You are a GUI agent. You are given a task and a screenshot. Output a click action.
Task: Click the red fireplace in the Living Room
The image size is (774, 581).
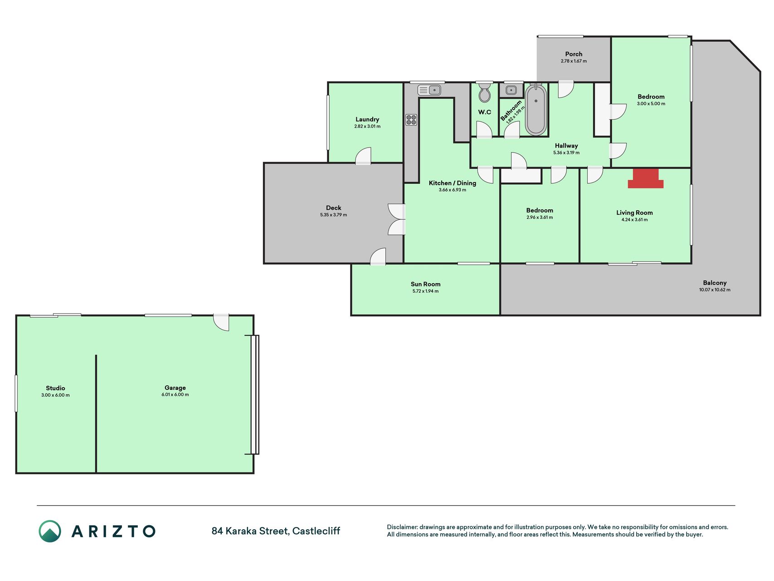click(646, 178)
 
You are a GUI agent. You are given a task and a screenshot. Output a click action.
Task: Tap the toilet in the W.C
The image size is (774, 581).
click(485, 92)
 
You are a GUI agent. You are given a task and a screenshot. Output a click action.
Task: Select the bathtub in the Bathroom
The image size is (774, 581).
click(536, 109)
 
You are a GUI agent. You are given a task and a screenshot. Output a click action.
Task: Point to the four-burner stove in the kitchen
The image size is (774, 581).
click(411, 120)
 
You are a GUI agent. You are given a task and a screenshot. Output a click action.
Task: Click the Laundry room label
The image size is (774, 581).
click(367, 119)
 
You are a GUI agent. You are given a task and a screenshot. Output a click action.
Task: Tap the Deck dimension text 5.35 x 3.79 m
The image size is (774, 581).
click(333, 215)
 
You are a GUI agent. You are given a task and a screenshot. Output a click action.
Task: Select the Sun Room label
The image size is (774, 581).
click(425, 284)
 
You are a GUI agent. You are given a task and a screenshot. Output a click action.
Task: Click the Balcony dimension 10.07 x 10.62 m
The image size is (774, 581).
click(715, 290)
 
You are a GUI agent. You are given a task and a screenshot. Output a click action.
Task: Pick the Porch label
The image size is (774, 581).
click(574, 54)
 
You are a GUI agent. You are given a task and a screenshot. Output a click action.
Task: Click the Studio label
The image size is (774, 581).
click(55, 388)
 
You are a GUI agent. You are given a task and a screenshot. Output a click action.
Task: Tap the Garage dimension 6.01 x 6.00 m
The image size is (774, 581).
click(175, 394)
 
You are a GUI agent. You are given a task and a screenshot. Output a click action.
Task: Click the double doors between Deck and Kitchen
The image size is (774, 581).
click(396, 220)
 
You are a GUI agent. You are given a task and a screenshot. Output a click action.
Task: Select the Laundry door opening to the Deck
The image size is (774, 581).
click(363, 156)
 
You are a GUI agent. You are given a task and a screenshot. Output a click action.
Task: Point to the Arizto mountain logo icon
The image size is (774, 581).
click(50, 531)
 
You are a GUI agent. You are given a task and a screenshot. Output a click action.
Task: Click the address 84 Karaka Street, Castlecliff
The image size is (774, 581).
click(276, 531)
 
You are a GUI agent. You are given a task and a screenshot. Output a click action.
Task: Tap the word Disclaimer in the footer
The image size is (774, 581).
click(402, 527)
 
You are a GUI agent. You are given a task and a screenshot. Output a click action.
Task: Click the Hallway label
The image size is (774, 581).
click(566, 146)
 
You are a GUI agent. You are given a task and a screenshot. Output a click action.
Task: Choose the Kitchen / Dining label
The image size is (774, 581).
click(453, 183)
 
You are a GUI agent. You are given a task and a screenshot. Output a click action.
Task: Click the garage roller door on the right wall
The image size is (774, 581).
click(255, 394)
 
